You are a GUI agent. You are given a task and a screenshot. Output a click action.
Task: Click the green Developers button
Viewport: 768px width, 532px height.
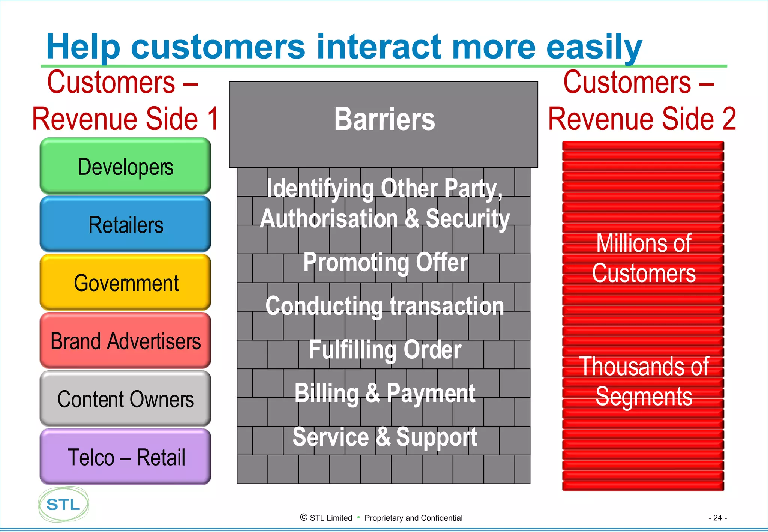point(125,167)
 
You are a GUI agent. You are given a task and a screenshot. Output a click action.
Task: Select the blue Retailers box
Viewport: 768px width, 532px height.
point(125,225)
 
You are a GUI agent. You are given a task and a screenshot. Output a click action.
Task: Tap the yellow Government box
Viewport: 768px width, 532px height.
point(125,283)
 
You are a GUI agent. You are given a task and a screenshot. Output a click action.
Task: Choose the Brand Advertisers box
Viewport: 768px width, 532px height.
point(125,341)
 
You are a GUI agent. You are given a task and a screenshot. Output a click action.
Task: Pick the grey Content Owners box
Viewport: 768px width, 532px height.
point(125,399)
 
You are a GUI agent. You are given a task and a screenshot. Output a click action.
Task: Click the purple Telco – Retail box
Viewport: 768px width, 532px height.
point(125,457)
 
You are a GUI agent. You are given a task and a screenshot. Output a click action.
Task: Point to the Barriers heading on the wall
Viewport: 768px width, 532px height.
point(384,119)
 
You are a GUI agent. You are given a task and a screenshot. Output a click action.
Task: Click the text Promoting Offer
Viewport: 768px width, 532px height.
point(385,262)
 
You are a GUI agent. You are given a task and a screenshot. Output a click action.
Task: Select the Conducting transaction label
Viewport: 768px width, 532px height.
point(384,306)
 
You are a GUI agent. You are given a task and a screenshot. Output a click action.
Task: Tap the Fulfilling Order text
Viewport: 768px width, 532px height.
point(385,349)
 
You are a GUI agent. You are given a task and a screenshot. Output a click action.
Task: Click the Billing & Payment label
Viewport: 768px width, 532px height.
point(385,393)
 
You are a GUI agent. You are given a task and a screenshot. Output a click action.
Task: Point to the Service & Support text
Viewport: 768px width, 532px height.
point(385,437)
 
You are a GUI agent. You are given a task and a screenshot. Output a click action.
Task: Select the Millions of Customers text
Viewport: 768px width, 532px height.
point(643,258)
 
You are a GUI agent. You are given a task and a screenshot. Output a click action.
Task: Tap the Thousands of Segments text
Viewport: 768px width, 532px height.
point(643,381)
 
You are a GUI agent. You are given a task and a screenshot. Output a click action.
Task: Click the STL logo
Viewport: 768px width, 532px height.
point(63,505)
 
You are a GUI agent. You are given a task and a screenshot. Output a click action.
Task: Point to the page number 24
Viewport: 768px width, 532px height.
point(717,518)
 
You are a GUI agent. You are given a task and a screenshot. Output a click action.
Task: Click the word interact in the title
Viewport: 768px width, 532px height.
point(379,47)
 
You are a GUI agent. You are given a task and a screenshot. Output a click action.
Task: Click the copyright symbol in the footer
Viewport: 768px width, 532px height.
point(304,517)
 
